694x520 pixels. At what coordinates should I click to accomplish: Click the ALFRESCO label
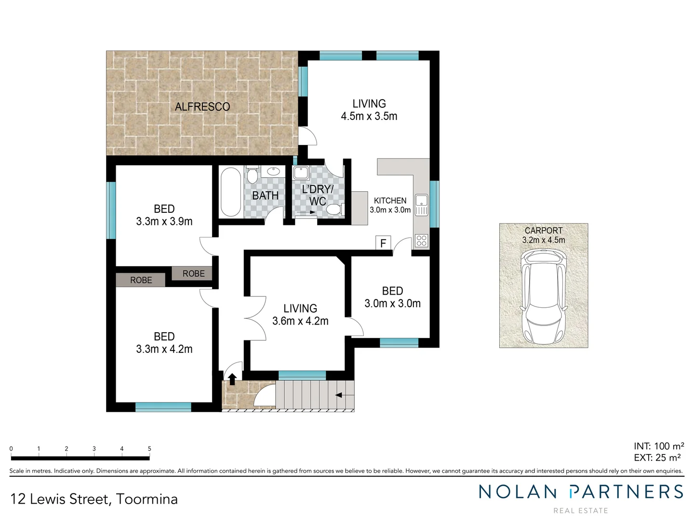tap(202, 107)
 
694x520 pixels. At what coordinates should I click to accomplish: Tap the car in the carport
tap(543, 296)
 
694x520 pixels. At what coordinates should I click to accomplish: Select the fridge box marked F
tap(383, 243)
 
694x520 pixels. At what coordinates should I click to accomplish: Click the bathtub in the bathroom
tap(230, 192)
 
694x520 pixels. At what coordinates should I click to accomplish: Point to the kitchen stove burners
tap(421, 240)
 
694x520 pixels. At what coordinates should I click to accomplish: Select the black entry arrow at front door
tap(232, 379)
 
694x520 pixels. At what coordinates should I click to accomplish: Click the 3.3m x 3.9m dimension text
tap(164, 222)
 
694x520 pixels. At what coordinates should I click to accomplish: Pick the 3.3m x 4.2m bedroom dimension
tap(164, 350)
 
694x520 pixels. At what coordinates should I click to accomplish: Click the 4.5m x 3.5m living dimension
tap(369, 117)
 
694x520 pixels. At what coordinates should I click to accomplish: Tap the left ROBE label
tap(141, 280)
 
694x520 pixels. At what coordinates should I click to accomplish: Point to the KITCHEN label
tap(390, 201)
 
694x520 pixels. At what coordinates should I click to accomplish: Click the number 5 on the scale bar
tap(149, 449)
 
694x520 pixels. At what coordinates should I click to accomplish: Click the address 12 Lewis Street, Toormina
tap(94, 499)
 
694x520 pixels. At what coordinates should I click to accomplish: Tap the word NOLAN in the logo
tap(518, 492)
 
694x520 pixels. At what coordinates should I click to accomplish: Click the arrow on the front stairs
tap(345, 395)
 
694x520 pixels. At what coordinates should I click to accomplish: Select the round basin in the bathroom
tap(273, 171)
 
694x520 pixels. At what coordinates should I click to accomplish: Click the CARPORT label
tap(543, 231)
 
